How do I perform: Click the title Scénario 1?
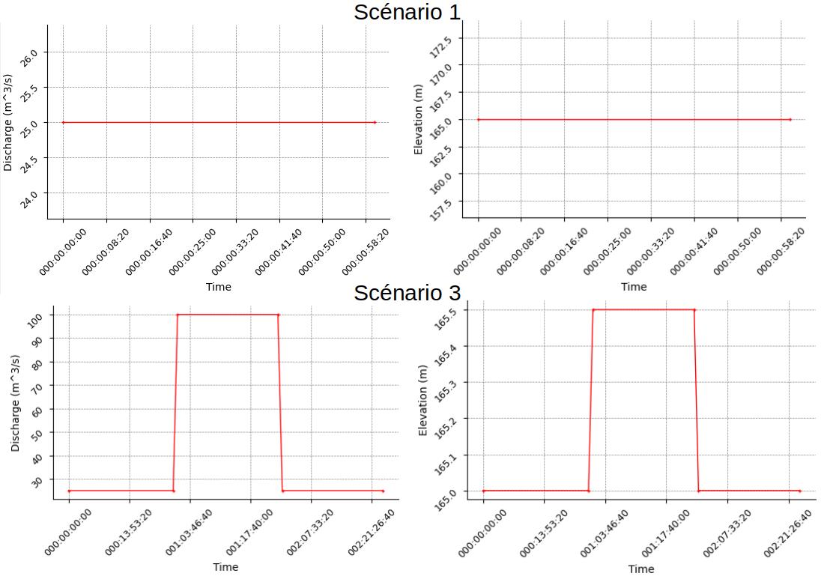[x=407, y=12]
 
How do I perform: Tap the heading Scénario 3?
[x=407, y=292]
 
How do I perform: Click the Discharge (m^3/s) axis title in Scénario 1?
[x=8, y=122]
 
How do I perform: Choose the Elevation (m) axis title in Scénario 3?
[x=423, y=400]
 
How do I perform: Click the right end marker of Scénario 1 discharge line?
[x=375, y=122]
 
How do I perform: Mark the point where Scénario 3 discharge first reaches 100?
[x=178, y=315]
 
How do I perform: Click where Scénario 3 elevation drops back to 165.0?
[x=699, y=491]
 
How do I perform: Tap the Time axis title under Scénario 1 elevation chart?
[x=634, y=286]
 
